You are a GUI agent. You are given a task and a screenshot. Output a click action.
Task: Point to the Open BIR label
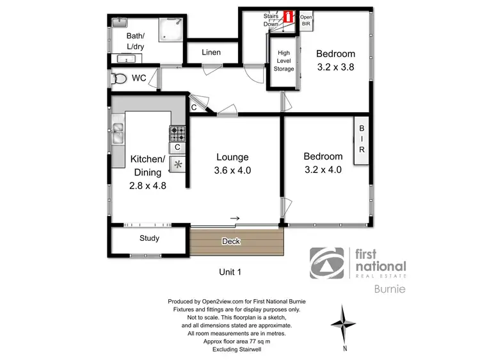306,20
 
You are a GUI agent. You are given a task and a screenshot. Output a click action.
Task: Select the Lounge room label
232,157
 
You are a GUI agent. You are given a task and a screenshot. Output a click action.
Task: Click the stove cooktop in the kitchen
177,133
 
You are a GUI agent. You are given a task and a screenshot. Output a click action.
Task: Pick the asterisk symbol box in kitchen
177,164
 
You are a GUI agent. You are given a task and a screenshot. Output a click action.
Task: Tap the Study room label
149,238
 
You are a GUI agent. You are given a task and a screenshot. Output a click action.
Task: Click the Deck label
230,241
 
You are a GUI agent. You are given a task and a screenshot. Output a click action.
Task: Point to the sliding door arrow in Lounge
235,219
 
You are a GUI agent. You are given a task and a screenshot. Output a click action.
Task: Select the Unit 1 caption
230,272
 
